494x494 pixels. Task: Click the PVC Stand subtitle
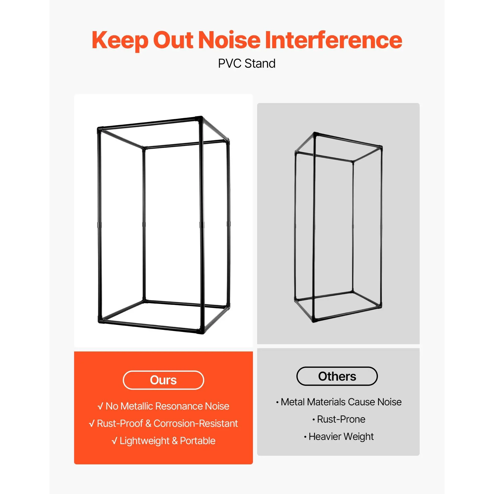tap(247, 63)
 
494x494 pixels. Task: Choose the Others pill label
tap(337, 376)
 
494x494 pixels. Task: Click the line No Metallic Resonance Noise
tap(167, 406)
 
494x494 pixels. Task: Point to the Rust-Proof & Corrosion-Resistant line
tap(167, 423)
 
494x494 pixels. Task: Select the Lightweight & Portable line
tap(167, 441)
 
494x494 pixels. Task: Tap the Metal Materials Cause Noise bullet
tap(341, 402)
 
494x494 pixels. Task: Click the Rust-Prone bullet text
tap(341, 419)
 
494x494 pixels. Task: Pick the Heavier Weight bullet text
tap(341, 436)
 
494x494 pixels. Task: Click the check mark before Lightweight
tap(115, 441)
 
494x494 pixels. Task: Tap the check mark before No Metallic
tap(101, 406)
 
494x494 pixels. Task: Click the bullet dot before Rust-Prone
tap(314, 420)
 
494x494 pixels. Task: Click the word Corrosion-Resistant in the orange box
tap(196, 423)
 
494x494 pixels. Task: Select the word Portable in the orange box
tap(198, 441)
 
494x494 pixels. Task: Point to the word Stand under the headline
tap(260, 63)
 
